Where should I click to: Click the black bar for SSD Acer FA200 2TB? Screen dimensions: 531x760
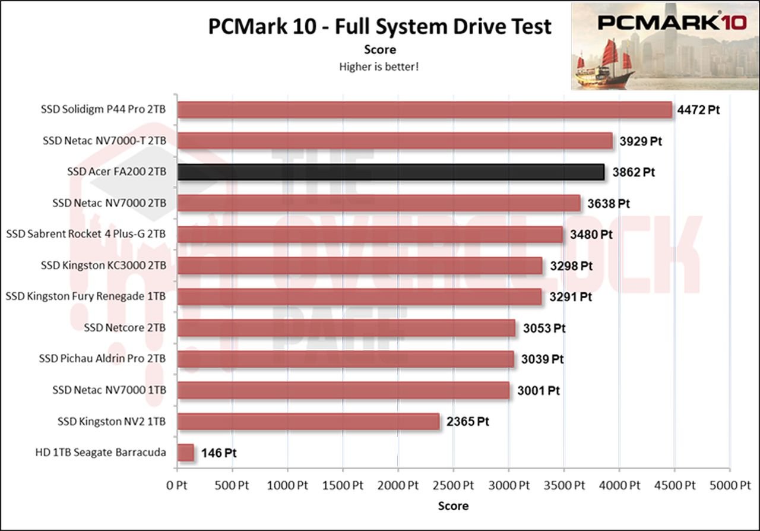(391, 172)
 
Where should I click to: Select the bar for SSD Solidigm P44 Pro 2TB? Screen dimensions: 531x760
(425, 110)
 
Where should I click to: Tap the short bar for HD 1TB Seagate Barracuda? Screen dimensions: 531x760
(186, 453)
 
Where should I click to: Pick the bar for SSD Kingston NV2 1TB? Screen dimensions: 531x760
(308, 422)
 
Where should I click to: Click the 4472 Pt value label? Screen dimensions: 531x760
(698, 110)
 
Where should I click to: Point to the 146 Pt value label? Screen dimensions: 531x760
(219, 453)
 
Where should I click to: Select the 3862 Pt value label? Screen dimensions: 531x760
(634, 172)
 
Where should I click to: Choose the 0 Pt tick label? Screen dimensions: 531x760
(177, 485)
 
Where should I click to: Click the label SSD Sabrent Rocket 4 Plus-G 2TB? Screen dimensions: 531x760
(86, 234)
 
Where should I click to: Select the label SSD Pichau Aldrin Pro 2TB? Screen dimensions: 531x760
(102, 359)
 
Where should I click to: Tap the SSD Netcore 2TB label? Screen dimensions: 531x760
(125, 327)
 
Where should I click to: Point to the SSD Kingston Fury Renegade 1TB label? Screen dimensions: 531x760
(85, 296)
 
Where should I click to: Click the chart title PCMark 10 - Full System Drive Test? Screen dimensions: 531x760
(379, 27)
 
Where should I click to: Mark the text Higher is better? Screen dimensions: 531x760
(379, 67)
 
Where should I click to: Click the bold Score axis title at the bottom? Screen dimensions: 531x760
(453, 506)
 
